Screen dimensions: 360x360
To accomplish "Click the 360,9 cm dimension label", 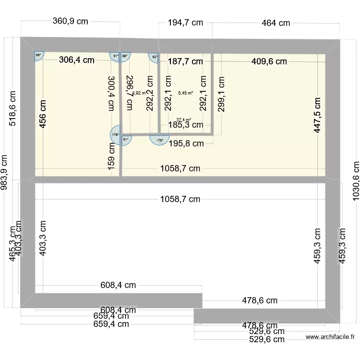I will (x=70, y=21).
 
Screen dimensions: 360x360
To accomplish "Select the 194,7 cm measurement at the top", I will (x=185, y=23).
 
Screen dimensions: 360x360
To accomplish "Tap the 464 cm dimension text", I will (x=276, y=23).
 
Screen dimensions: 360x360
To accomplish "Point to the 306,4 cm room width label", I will (x=76, y=60).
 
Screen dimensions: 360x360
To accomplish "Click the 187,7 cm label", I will (x=185, y=61).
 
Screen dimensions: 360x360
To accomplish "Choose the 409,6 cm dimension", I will (x=269, y=61).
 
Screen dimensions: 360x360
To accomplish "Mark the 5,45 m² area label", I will (x=185, y=93).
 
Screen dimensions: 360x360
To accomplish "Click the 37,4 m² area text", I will (x=183, y=120).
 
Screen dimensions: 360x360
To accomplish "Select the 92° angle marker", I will (x=154, y=57).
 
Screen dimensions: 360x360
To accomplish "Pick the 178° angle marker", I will (x=115, y=135).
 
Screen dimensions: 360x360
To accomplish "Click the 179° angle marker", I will (x=159, y=140).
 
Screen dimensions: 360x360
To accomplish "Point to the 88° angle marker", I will (x=125, y=56).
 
